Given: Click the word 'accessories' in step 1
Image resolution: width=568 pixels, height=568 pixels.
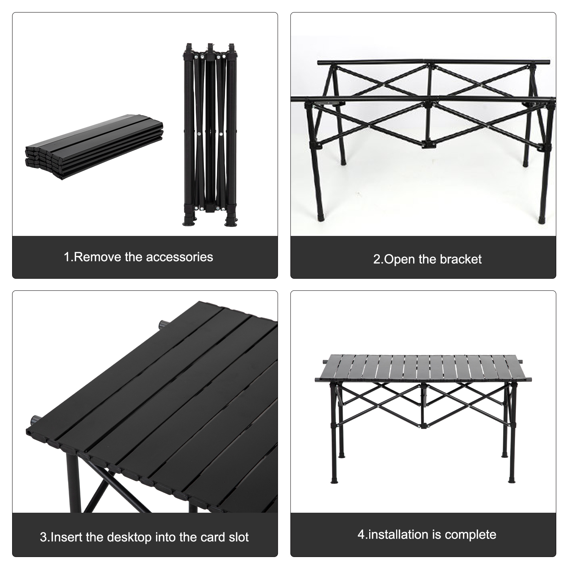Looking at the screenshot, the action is coord(179,257).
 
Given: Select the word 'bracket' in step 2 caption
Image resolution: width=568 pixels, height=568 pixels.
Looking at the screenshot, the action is coord(460,259).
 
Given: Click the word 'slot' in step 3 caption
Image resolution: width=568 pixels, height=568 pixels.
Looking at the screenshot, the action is coord(239,537).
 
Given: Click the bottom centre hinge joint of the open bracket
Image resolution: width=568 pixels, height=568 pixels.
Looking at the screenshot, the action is coord(428,144).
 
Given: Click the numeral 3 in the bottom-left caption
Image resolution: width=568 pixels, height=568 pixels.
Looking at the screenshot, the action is coord(43,537).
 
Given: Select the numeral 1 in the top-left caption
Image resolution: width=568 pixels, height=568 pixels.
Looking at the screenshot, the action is coord(67,257).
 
